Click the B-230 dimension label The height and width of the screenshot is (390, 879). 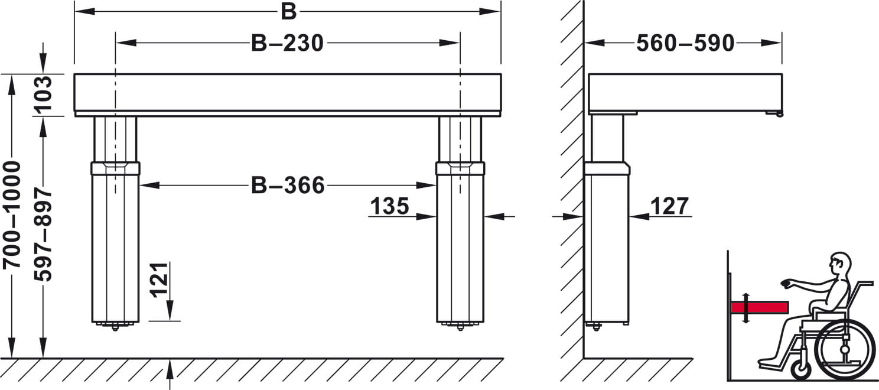(x=287, y=43)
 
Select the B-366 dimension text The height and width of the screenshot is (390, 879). (x=288, y=185)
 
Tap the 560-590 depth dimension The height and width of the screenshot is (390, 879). (x=685, y=43)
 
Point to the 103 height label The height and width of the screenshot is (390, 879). (x=43, y=93)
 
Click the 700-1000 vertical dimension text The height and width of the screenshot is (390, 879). (x=12, y=215)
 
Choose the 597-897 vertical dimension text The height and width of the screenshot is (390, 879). (x=43, y=235)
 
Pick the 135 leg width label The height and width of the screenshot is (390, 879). (x=389, y=206)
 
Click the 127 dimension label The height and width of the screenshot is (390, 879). (x=669, y=206)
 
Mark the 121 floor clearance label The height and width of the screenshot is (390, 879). (x=159, y=279)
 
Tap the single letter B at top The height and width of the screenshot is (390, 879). (x=288, y=12)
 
